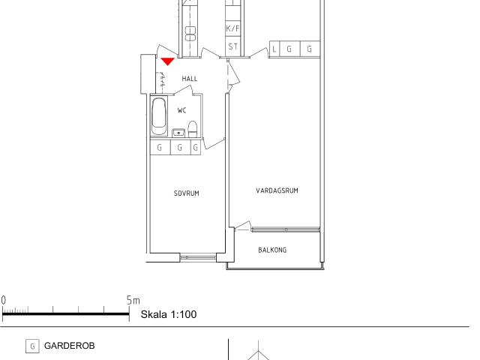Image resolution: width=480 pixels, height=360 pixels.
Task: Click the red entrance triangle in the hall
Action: pos(167,61)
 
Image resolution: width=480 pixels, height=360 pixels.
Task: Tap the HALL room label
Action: pos(190,79)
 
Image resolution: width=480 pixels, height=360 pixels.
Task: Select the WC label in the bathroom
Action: pos(181,110)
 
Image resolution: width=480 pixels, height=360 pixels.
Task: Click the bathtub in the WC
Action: pos(159,116)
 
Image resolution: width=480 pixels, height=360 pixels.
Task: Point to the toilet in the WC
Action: pos(193,129)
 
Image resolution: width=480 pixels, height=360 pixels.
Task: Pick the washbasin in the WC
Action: pos(178,133)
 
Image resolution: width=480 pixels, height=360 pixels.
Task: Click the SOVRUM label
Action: pos(187,193)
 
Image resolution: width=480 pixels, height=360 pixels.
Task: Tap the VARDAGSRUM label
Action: pos(277,190)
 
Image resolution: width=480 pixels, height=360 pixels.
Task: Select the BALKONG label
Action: pos(272,250)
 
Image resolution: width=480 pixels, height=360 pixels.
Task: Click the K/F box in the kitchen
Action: pos(232,28)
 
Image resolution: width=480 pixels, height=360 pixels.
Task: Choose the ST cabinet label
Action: pos(232,46)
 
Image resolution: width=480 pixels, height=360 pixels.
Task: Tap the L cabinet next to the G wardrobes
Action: pos(274,49)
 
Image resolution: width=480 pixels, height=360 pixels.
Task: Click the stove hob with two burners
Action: pos(190,34)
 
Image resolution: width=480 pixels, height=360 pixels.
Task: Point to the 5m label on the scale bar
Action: pos(133,300)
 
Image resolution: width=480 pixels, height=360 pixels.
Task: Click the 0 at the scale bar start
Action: pos(3,300)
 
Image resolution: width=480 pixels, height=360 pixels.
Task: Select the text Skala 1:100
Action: pos(169,314)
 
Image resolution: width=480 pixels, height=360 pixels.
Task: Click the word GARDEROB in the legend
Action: pos(70,346)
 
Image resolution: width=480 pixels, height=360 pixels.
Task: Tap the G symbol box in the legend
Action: pos(32,346)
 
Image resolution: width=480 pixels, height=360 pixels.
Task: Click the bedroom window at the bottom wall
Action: pos(198,257)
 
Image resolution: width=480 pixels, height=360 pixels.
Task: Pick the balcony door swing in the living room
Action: pos(243,226)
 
